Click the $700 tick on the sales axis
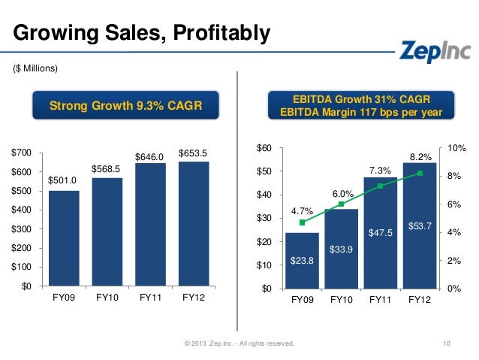click(x=21, y=153)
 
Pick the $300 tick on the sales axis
click(x=21, y=228)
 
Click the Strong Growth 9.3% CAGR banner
click(x=125, y=106)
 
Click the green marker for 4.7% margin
click(x=302, y=222)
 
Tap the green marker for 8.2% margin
click(x=420, y=173)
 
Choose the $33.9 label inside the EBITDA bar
click(x=342, y=249)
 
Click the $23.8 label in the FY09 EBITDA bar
click(x=302, y=261)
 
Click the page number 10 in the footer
click(x=447, y=343)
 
